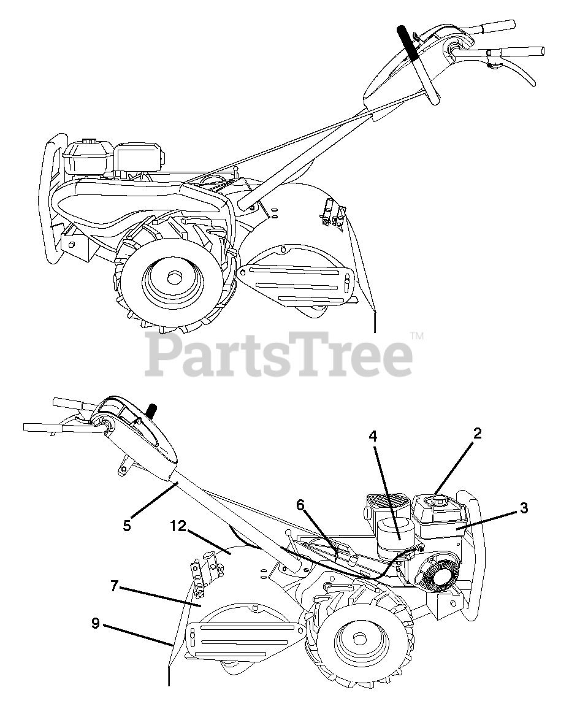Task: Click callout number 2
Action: [x=477, y=434]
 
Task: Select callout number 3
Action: [x=524, y=508]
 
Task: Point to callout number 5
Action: [x=127, y=526]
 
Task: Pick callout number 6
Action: [x=300, y=504]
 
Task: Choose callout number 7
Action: [x=114, y=586]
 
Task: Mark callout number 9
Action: [x=95, y=623]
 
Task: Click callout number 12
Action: [x=178, y=526]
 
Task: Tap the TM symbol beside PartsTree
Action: [x=417, y=335]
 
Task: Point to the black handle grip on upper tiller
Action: [x=410, y=43]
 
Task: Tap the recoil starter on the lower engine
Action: [x=438, y=577]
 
